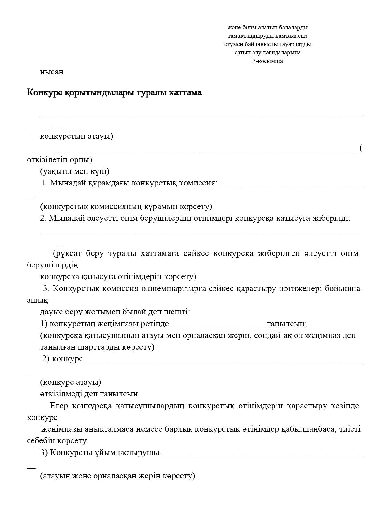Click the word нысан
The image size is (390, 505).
[52, 72]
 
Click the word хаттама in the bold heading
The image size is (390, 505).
[185, 92]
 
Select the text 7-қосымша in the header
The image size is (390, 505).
[268, 61]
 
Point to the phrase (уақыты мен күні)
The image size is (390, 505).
[75, 171]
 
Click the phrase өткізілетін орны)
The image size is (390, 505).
[59, 159]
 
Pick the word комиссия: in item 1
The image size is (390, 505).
[198, 183]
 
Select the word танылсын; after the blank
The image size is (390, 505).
[287, 324]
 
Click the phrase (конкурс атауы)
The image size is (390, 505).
[71, 382]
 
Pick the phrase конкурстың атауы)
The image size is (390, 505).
[76, 136]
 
